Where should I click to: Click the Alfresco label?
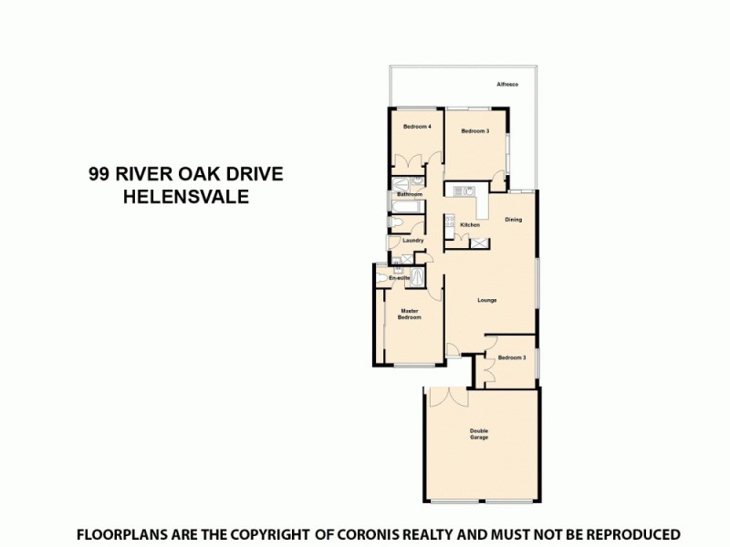tap(507, 85)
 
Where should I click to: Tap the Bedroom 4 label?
tap(417, 126)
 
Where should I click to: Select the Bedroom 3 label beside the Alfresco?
tap(475, 131)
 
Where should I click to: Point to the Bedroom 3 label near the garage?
tap(512, 358)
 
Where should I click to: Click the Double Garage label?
tap(479, 434)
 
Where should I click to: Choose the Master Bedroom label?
tap(411, 314)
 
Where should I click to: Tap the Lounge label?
tap(487, 300)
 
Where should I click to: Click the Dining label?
tap(514, 220)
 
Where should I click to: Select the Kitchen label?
tap(470, 225)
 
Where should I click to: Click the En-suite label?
tap(399, 277)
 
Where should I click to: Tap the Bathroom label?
tap(409, 194)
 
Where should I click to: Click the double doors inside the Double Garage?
tap(447, 397)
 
